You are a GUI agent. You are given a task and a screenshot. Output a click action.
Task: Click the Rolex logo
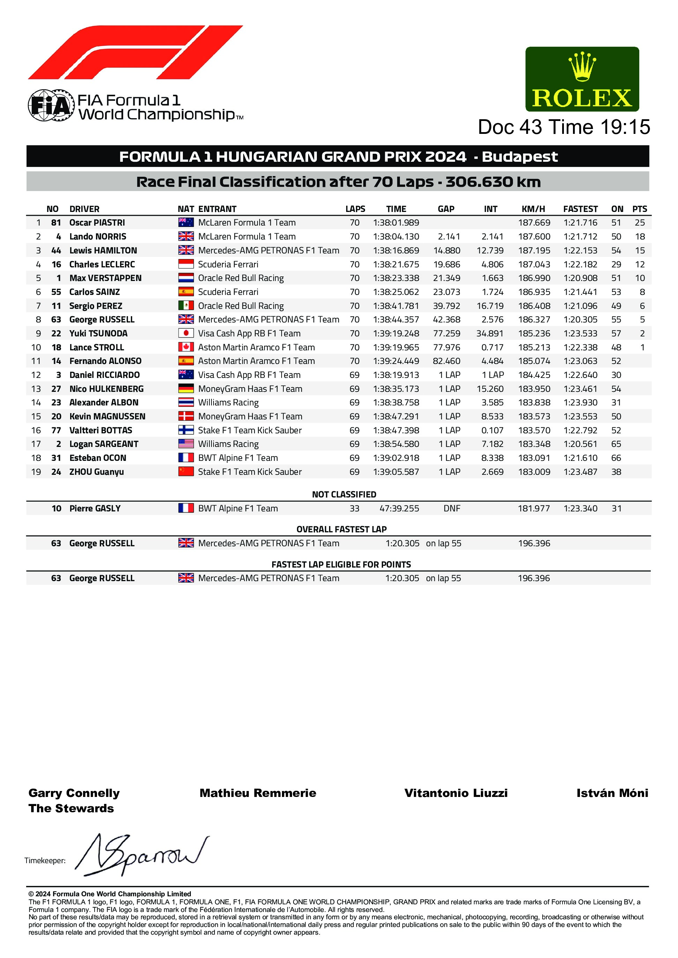(x=582, y=79)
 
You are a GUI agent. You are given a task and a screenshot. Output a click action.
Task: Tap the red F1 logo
(x=135, y=53)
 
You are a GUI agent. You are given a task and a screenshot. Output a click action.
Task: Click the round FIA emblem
(x=51, y=105)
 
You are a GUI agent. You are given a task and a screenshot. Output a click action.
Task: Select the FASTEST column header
(x=580, y=209)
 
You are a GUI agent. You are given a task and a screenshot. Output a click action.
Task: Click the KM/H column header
(x=533, y=209)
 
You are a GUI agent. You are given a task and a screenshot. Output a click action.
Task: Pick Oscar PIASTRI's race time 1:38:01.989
(x=396, y=223)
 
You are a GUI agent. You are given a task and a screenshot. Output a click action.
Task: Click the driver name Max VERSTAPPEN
(x=105, y=278)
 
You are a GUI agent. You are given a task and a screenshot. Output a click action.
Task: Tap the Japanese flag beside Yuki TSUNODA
(x=186, y=333)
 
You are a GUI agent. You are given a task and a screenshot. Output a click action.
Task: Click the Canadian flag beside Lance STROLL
(x=186, y=347)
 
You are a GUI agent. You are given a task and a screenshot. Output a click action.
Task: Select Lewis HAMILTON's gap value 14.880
(x=447, y=251)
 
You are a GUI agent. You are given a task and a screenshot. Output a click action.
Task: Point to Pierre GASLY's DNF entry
(x=452, y=509)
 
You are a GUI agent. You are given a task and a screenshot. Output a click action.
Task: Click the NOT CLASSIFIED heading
(x=344, y=494)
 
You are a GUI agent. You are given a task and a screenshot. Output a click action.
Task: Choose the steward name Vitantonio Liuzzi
(x=456, y=793)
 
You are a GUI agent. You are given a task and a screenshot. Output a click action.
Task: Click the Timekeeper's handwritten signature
(x=142, y=855)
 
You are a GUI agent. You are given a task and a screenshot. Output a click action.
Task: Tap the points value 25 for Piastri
(x=640, y=223)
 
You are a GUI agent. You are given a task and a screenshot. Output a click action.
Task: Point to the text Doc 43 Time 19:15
(x=564, y=127)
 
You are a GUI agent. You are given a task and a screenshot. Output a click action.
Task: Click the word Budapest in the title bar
(x=520, y=157)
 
